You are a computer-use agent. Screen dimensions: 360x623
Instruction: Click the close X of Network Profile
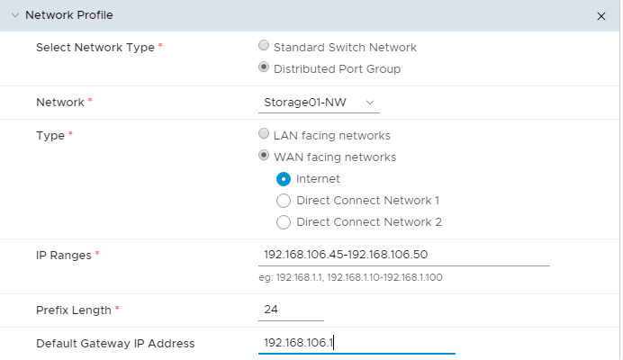[601, 16]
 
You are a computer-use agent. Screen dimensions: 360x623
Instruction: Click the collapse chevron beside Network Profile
[14, 15]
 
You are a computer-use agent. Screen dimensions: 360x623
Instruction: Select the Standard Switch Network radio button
[264, 46]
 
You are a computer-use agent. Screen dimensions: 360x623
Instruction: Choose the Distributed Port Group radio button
[264, 67]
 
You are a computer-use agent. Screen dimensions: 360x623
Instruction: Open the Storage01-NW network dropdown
[319, 103]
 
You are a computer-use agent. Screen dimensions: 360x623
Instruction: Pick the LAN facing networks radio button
[264, 134]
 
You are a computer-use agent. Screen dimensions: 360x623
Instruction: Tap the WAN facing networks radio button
[264, 156]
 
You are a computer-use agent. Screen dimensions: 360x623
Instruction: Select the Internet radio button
[284, 178]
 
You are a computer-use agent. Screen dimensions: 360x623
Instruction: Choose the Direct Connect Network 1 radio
[284, 200]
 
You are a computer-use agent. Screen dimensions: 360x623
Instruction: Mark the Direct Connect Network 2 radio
[284, 221]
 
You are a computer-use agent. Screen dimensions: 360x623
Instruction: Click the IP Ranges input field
[403, 255]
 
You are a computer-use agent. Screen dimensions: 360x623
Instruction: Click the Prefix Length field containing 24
[290, 310]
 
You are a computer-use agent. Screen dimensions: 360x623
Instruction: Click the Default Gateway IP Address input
[356, 343]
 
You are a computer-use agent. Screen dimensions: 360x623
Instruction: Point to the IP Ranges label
[63, 255]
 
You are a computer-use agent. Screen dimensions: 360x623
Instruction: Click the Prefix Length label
[74, 310]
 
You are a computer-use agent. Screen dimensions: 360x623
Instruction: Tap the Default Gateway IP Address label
[115, 343]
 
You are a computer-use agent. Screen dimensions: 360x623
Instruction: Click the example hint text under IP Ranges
[350, 277]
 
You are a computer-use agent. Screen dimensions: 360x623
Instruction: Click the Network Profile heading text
[69, 15]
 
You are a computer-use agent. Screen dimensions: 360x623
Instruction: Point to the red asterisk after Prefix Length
[117, 309]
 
